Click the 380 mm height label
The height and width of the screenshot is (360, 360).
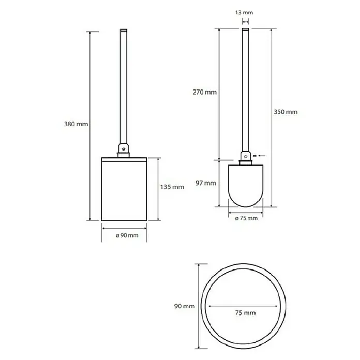click(x=76, y=124)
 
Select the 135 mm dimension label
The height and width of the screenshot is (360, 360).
click(x=172, y=187)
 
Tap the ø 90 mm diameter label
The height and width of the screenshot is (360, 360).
click(x=127, y=235)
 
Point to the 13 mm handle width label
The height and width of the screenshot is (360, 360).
click(x=244, y=12)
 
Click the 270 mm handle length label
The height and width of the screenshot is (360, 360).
click(x=204, y=92)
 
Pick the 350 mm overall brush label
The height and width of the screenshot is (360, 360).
click(x=286, y=112)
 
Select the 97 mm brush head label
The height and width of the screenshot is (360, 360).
click(x=206, y=183)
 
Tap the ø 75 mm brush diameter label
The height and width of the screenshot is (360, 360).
click(x=246, y=218)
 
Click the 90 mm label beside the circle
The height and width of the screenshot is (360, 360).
click(x=184, y=306)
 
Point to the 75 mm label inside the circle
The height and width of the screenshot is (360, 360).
click(x=245, y=313)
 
